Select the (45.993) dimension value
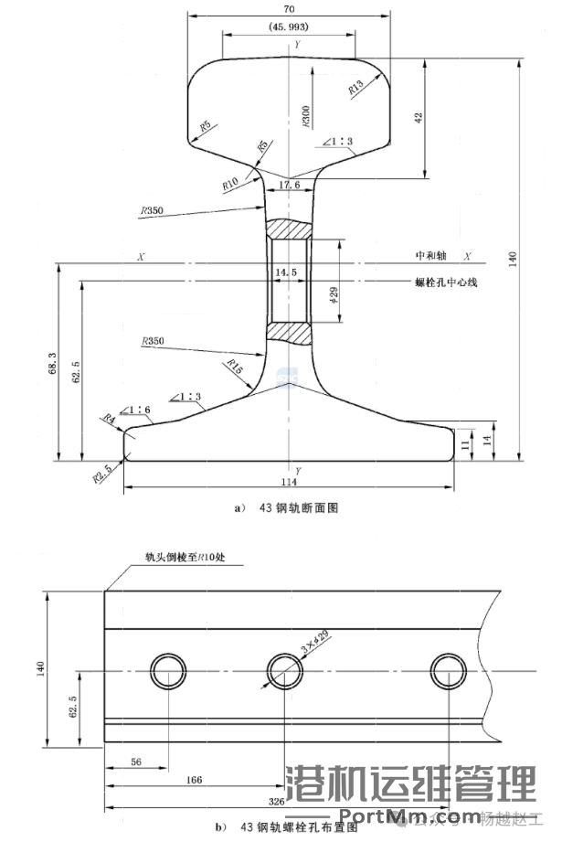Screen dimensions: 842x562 (290, 28)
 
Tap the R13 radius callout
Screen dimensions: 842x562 (356, 87)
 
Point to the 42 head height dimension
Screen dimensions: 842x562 (419, 117)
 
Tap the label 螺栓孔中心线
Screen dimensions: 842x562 (447, 282)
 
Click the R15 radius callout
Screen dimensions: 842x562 (235, 368)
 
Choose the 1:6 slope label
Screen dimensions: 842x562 (138, 410)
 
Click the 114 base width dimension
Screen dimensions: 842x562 (291, 482)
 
